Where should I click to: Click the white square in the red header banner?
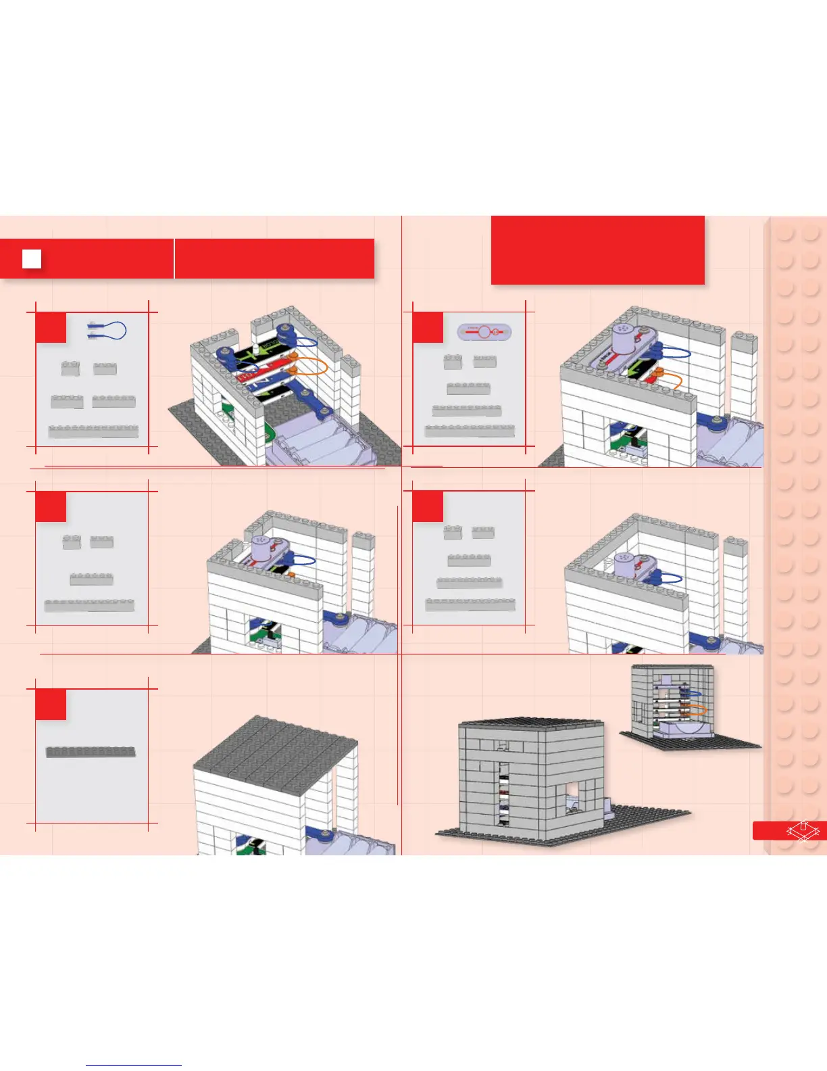[x=32, y=259]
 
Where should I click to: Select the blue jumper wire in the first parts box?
[x=107, y=331]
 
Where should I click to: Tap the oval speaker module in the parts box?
[x=484, y=332]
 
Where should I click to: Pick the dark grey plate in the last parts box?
[x=91, y=752]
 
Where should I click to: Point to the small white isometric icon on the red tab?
[x=802, y=830]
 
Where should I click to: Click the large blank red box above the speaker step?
[x=597, y=250]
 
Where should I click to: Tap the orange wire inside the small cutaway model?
[x=695, y=711]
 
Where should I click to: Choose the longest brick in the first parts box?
[x=93, y=431]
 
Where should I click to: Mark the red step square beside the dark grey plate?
[x=51, y=704]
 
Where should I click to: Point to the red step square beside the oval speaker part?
[x=428, y=327]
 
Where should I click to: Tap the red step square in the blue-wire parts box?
[x=51, y=327]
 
